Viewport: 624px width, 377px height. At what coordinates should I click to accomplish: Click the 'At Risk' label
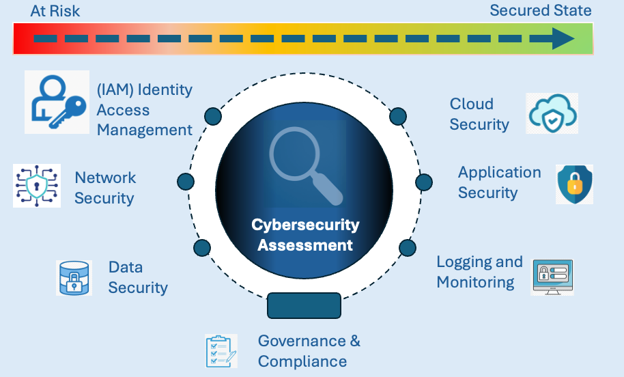[x=55, y=11]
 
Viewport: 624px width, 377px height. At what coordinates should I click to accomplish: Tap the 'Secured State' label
[x=540, y=11]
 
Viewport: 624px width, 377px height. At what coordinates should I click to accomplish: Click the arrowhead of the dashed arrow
[x=563, y=39]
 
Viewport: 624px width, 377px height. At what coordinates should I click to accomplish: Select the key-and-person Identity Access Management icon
[x=57, y=102]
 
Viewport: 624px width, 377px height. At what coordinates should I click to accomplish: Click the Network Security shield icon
[x=37, y=185]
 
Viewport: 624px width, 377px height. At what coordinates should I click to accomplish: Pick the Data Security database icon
[x=74, y=277]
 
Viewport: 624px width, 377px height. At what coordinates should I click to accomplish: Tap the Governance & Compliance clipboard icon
[x=221, y=351]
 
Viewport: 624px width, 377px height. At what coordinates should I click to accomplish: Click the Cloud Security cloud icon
[x=552, y=113]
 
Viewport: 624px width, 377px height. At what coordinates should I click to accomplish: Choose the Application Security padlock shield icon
[x=574, y=184]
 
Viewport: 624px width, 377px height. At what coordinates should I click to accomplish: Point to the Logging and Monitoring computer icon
[x=552, y=277]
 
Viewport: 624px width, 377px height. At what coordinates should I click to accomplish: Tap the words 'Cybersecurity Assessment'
[x=304, y=234]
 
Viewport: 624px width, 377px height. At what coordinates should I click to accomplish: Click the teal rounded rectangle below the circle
[x=304, y=305]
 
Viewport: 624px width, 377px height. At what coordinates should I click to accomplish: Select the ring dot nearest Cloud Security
[x=398, y=116]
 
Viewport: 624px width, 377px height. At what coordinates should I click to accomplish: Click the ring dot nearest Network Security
[x=186, y=182]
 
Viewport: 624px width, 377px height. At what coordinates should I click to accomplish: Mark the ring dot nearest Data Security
[x=202, y=247]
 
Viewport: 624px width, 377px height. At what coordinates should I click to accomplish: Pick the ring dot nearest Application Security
[x=424, y=182]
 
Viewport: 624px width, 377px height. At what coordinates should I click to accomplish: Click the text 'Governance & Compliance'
[x=309, y=351]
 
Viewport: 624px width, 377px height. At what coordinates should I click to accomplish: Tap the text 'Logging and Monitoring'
[x=479, y=272]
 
